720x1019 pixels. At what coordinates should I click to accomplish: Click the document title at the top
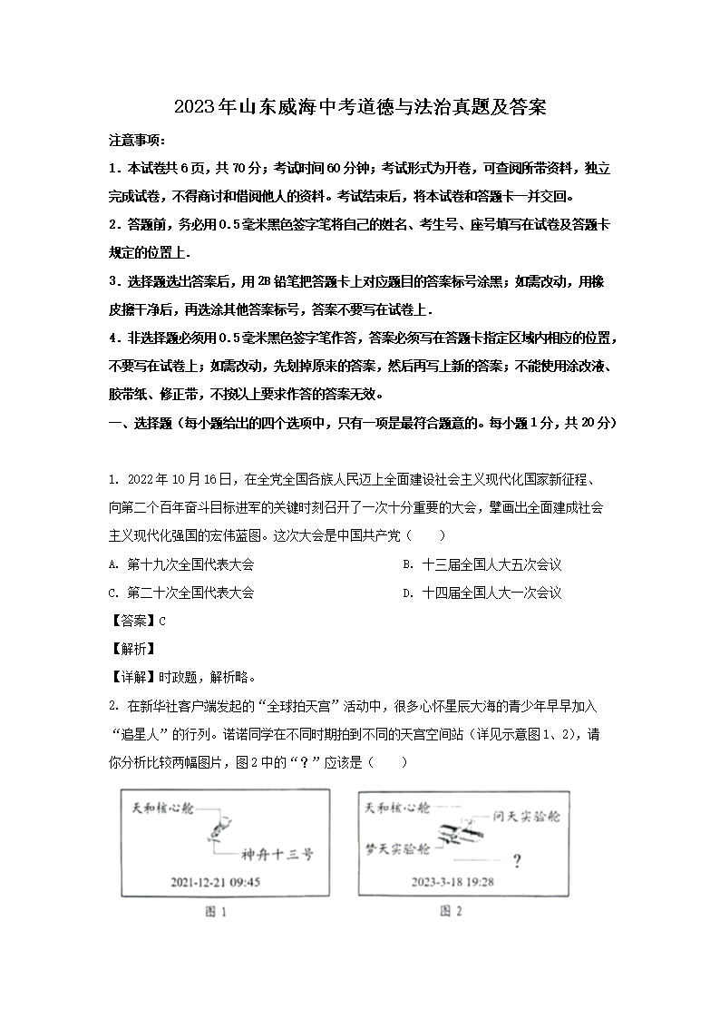tap(359, 107)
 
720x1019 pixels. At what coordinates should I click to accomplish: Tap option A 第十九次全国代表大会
tap(181, 564)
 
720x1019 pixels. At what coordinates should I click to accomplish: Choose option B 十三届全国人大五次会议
tap(482, 564)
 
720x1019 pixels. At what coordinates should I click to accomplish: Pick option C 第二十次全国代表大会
tap(181, 593)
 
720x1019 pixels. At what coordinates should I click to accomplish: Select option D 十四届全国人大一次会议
tap(482, 593)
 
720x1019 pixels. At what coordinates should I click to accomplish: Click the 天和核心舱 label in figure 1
tap(163, 807)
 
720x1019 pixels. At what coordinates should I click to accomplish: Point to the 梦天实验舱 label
tap(395, 848)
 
